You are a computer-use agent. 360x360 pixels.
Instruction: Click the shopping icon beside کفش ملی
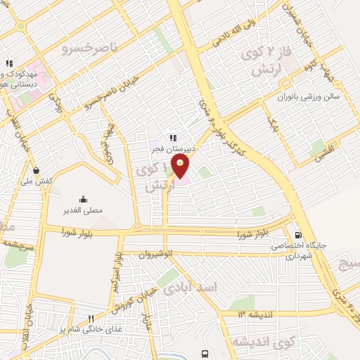(36, 169)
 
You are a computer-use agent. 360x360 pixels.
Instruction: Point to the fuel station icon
(300, 235)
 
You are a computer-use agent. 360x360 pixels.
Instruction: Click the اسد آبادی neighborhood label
(190, 288)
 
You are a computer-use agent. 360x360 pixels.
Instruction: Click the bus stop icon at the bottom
(204, 353)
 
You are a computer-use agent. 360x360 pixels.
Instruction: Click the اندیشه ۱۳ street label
(250, 314)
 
